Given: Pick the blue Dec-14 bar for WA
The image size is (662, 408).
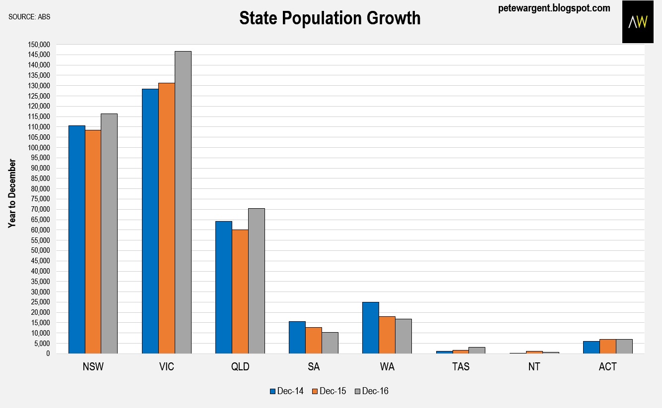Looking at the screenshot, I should tap(370, 328).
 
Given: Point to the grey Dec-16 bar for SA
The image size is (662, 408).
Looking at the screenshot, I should tap(330, 343).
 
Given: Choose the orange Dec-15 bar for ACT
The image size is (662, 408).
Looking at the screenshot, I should tap(607, 346).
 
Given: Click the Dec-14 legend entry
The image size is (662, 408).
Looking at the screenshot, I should tap(283, 391).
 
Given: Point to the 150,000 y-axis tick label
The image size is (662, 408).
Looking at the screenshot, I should tap(39, 45).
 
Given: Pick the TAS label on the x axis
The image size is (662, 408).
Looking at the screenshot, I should tap(461, 367).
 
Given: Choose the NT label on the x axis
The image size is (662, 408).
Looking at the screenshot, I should tap(534, 367).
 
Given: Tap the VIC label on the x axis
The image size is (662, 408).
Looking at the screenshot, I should tap(166, 367).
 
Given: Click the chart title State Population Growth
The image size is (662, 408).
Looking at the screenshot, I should tap(330, 18).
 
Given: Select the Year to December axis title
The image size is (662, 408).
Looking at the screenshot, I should tap(12, 193).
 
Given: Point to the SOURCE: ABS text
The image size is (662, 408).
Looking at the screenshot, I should tap(29, 17).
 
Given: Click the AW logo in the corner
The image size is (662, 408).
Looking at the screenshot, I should tap(638, 22).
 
